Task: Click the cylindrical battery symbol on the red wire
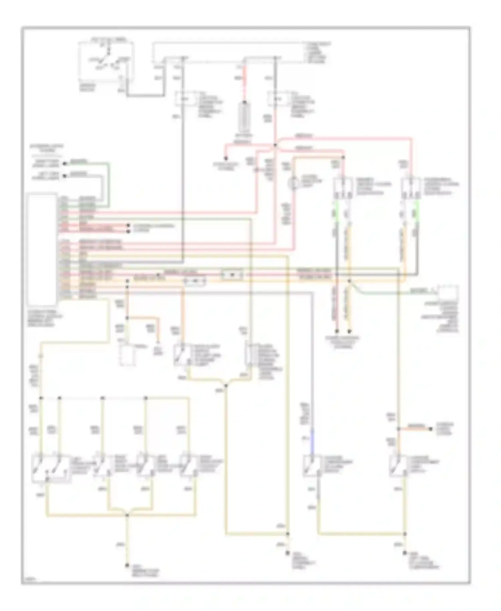[x=245, y=117]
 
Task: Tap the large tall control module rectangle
[x=42, y=249]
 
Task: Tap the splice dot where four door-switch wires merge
[x=127, y=515]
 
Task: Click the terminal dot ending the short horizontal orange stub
[x=431, y=429]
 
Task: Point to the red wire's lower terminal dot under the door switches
[x=337, y=332]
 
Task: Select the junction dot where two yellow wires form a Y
[x=226, y=386]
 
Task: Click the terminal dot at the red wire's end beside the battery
[x=226, y=158]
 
